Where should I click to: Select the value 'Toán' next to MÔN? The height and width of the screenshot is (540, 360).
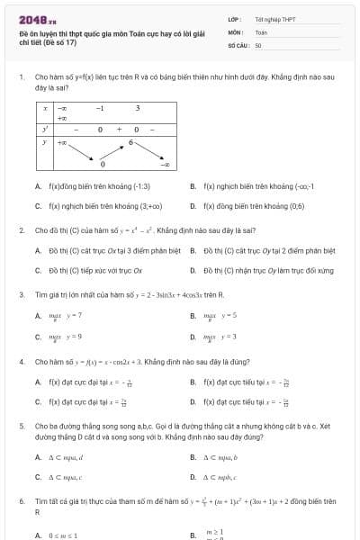261,31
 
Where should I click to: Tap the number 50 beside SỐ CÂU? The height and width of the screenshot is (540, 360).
258,44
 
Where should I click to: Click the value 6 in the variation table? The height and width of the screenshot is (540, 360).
130,141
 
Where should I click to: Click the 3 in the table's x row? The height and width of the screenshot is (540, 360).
138,108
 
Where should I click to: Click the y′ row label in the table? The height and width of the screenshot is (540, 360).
45,129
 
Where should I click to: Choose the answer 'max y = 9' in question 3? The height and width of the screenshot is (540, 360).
66,336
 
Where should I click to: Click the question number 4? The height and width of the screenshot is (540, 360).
21,361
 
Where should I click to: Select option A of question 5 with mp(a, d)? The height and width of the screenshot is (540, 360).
65,457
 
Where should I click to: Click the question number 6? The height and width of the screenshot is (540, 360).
21,499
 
